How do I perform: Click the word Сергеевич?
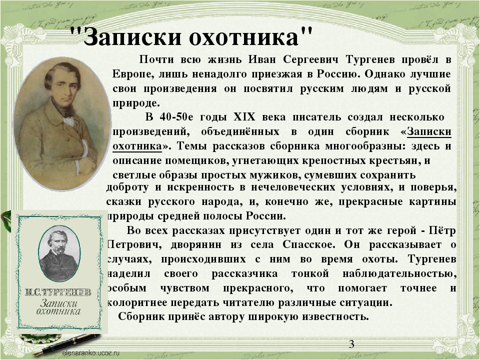pos(310,59)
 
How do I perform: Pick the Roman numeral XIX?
pos(244,117)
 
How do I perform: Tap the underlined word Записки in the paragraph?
pos(429,131)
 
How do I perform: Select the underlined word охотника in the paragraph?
pos(137,146)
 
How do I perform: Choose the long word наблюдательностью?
pos(399,273)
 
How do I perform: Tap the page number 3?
pos(351,344)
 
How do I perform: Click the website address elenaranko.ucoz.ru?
pos(90,352)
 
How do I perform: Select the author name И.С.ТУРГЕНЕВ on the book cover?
pos(58,292)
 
